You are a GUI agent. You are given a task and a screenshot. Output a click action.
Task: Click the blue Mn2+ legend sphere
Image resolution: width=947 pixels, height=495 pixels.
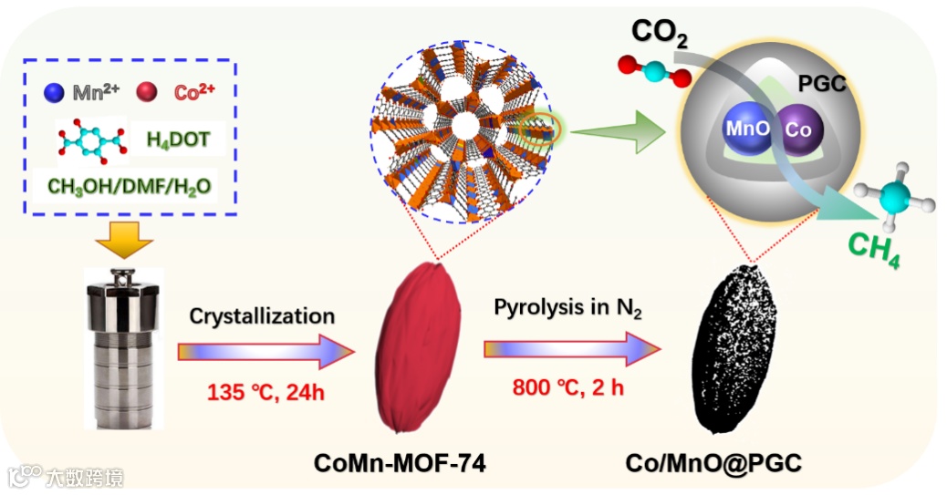[x=54, y=92]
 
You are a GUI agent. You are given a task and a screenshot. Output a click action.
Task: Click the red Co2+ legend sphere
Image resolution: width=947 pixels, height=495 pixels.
[x=145, y=92]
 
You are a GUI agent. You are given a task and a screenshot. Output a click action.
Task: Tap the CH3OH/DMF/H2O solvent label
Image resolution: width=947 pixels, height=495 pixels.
[x=129, y=186]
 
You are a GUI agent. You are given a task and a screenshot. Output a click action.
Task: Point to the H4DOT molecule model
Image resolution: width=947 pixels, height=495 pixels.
[x=88, y=140]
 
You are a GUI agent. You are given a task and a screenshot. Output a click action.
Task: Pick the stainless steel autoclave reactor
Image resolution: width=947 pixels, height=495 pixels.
[x=122, y=347]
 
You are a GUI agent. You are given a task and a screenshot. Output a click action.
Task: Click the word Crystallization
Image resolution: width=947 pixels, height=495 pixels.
[x=262, y=316]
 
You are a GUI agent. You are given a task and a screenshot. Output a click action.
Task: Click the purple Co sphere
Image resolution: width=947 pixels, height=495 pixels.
[x=797, y=129]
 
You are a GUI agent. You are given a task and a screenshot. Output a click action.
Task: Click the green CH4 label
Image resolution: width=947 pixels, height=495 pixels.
[x=873, y=248]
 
